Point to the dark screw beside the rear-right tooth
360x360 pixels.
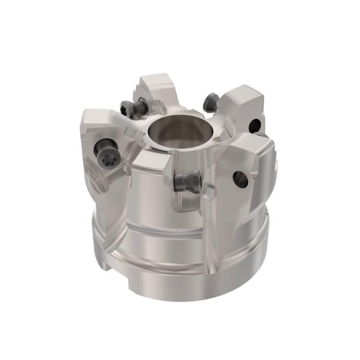[210, 103]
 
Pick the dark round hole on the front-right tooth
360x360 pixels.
[239, 179]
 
